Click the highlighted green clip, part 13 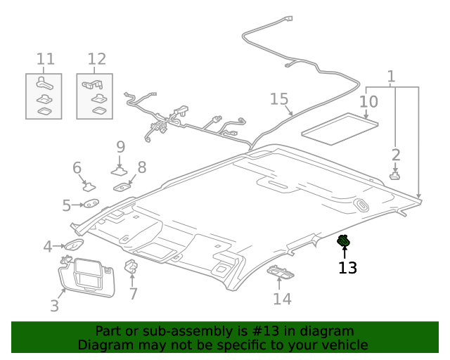click(x=345, y=242)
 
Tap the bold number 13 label click(x=347, y=268)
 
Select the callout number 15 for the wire click(x=279, y=99)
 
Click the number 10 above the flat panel click(x=368, y=102)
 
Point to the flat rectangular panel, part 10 click(x=340, y=129)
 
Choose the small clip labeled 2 click(x=395, y=176)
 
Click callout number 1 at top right click(x=392, y=77)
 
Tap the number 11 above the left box click(x=45, y=58)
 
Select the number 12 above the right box click(x=96, y=58)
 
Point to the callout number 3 click(x=54, y=305)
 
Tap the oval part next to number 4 click(x=74, y=245)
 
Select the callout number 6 click(x=77, y=167)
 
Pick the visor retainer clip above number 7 click(x=131, y=268)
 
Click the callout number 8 click(x=141, y=167)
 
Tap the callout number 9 click(x=120, y=147)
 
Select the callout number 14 click(x=281, y=299)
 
